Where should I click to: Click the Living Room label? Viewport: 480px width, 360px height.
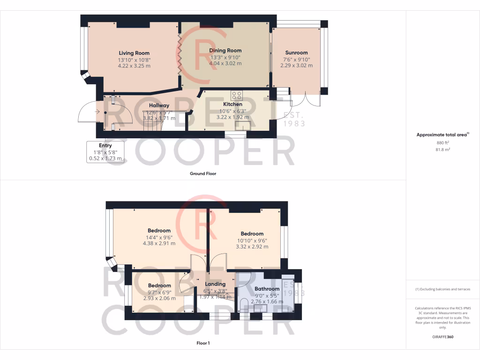click(x=134, y=53)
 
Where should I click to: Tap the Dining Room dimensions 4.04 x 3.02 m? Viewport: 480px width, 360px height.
click(x=225, y=63)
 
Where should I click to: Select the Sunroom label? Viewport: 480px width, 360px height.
click(x=296, y=53)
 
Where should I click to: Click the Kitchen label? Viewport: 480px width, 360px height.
click(x=232, y=104)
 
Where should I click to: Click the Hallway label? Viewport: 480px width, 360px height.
click(x=159, y=105)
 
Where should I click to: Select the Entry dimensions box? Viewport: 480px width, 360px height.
click(x=105, y=152)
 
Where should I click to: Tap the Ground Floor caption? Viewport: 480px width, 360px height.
click(x=202, y=173)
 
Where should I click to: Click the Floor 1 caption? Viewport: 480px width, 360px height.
click(x=203, y=343)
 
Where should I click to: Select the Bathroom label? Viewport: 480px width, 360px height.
click(x=267, y=289)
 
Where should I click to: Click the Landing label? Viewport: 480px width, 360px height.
click(x=215, y=284)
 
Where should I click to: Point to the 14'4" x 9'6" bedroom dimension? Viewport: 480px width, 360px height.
click(x=159, y=237)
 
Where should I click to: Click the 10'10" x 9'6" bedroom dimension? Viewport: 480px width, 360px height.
click(x=252, y=240)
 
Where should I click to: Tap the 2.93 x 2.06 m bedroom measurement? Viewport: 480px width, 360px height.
click(x=159, y=298)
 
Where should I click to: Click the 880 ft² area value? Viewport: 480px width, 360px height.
click(x=442, y=142)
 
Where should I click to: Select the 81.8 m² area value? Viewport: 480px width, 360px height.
click(x=442, y=150)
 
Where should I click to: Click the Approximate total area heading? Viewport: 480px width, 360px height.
click(x=442, y=135)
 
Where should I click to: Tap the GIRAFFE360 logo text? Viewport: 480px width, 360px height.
click(x=442, y=337)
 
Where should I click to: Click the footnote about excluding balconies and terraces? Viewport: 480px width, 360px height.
click(x=442, y=289)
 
